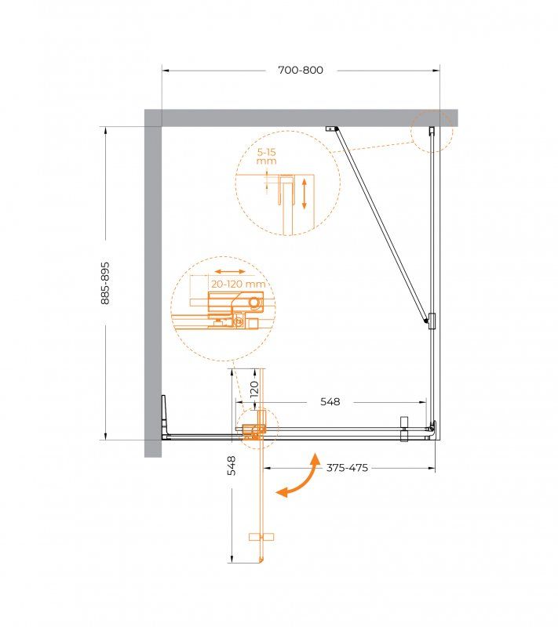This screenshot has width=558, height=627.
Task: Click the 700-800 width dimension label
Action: [301, 70]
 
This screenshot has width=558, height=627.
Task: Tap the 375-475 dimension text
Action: [347, 468]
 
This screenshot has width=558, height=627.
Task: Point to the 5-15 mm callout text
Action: [267, 155]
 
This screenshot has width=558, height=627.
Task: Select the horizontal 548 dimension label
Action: [330, 402]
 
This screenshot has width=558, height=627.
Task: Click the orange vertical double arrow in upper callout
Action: [303, 192]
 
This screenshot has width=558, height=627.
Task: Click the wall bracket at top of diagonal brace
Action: [331, 129]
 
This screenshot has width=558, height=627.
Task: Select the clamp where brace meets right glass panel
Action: [430, 319]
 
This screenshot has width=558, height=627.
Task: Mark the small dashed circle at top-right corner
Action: [432, 129]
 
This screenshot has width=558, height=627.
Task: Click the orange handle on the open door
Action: [258, 537]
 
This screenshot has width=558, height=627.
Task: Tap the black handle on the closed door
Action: [404, 428]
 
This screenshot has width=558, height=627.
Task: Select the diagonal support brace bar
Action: [381, 223]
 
